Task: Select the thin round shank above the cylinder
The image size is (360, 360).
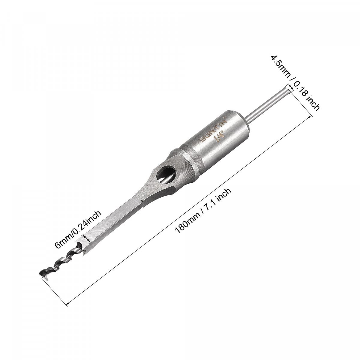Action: [268, 105]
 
